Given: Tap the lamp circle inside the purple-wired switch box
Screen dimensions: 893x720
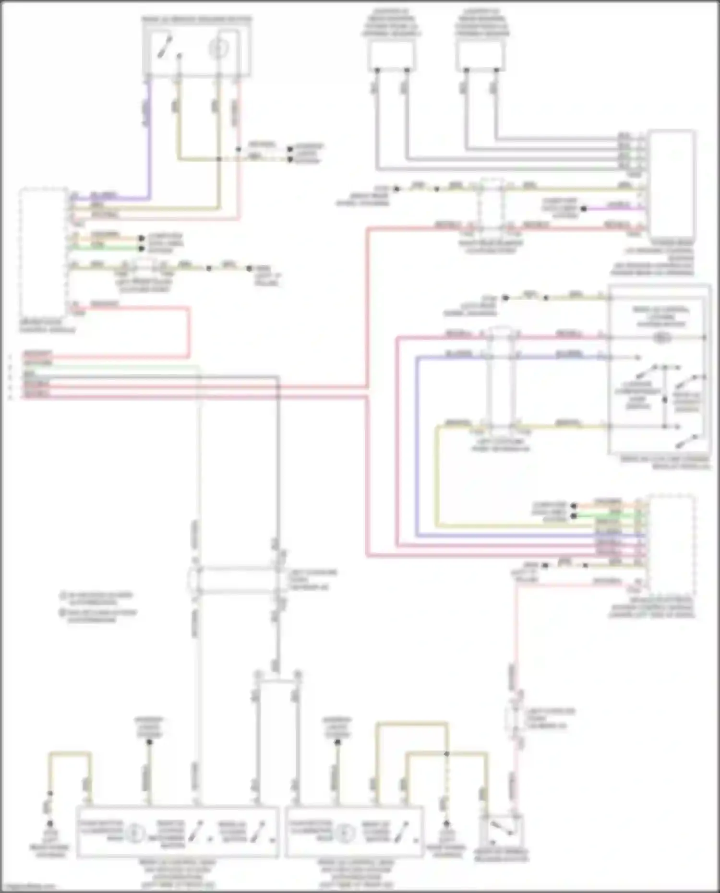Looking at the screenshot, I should point(218,49).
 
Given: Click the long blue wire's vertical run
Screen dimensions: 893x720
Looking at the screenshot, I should point(417,446).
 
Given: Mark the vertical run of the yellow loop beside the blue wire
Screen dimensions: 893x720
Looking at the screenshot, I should point(437,475).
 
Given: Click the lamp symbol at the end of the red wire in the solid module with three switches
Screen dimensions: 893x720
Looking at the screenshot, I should point(661,338).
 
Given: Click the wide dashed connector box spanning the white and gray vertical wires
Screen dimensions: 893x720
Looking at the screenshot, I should point(237,581).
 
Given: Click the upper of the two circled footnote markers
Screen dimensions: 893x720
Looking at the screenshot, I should point(63,595).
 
